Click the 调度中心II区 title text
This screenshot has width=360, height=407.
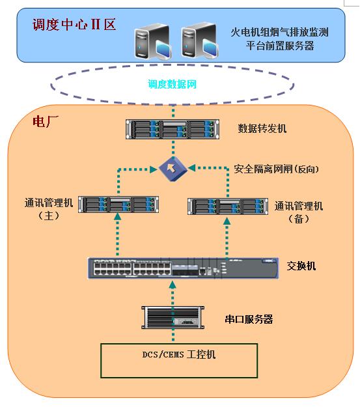(x=74, y=25)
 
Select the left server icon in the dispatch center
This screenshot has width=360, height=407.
(x=153, y=42)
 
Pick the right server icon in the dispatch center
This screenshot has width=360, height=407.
(x=200, y=41)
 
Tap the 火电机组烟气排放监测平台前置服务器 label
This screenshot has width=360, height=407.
(x=279, y=39)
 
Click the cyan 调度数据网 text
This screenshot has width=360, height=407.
(x=172, y=84)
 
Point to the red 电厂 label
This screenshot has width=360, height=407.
(x=46, y=121)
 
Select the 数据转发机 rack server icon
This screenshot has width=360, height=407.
(x=173, y=130)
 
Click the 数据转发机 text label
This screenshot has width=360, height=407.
(x=262, y=128)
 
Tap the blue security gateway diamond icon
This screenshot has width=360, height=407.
(x=173, y=169)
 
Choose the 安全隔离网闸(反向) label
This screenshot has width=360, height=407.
(x=276, y=169)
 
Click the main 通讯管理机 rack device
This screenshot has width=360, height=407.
(x=118, y=204)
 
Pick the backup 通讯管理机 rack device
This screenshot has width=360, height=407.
(x=228, y=206)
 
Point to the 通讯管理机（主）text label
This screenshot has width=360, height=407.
(x=49, y=209)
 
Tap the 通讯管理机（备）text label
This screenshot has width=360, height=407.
(x=299, y=212)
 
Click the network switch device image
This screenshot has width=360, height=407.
(x=183, y=268)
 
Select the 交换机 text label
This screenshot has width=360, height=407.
(x=301, y=266)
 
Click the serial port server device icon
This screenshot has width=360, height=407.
(x=173, y=317)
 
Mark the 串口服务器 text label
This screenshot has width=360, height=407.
(x=249, y=319)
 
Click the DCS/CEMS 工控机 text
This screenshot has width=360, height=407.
(x=179, y=354)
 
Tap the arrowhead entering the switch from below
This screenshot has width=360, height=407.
(x=173, y=285)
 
